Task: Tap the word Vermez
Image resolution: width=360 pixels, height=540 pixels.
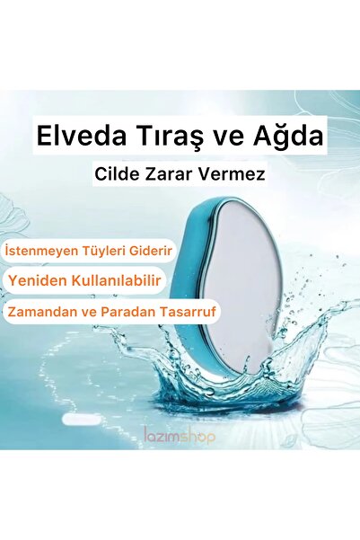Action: (234, 173)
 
